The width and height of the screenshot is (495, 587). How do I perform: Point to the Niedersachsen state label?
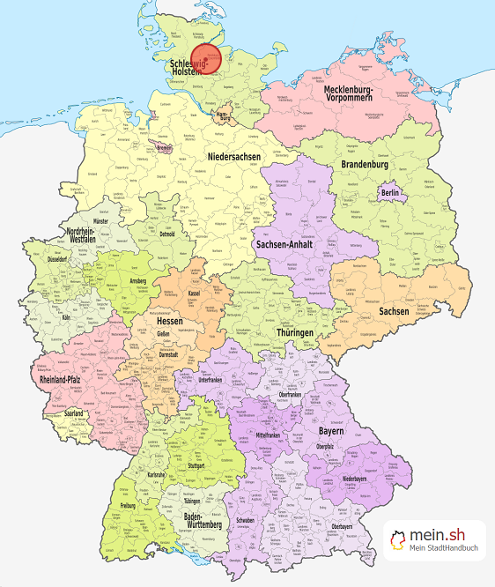tap(235, 156)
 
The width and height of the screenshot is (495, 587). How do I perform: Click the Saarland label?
tap(74, 413)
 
